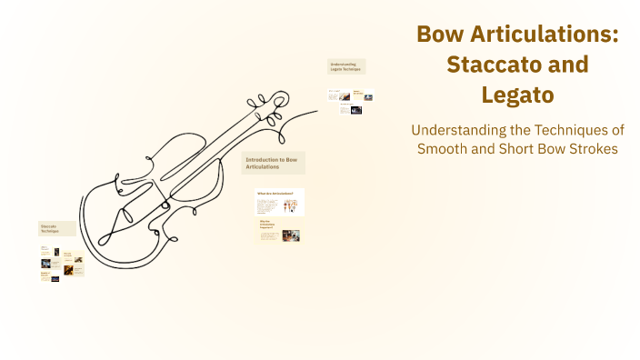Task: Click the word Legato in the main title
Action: (517, 95)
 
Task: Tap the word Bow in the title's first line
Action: (443, 35)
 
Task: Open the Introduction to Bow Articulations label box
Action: (274, 163)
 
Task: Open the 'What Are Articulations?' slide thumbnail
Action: (279, 202)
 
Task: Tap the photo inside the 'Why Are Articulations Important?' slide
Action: (290, 235)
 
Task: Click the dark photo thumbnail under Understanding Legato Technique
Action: (355, 110)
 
